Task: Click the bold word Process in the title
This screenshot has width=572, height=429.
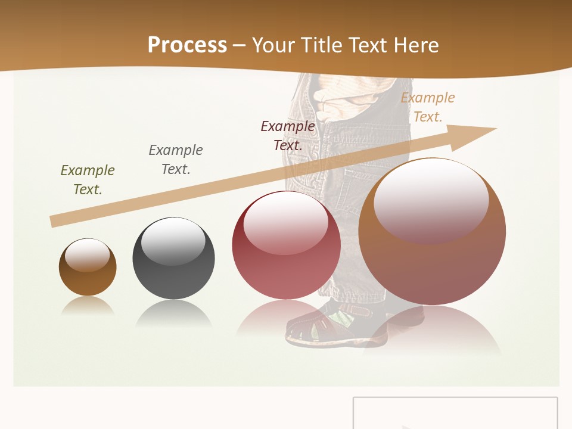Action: click(x=187, y=45)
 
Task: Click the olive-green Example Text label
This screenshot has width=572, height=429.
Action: click(x=88, y=180)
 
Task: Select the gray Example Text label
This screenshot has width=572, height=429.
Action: click(x=176, y=160)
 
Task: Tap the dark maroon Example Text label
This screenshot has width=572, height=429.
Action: click(x=288, y=136)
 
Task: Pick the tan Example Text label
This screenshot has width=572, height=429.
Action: click(x=428, y=107)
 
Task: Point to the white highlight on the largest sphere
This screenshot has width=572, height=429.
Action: click(x=431, y=200)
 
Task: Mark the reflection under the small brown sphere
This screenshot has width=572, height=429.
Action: click(x=88, y=306)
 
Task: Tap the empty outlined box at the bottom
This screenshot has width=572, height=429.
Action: click(x=455, y=413)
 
